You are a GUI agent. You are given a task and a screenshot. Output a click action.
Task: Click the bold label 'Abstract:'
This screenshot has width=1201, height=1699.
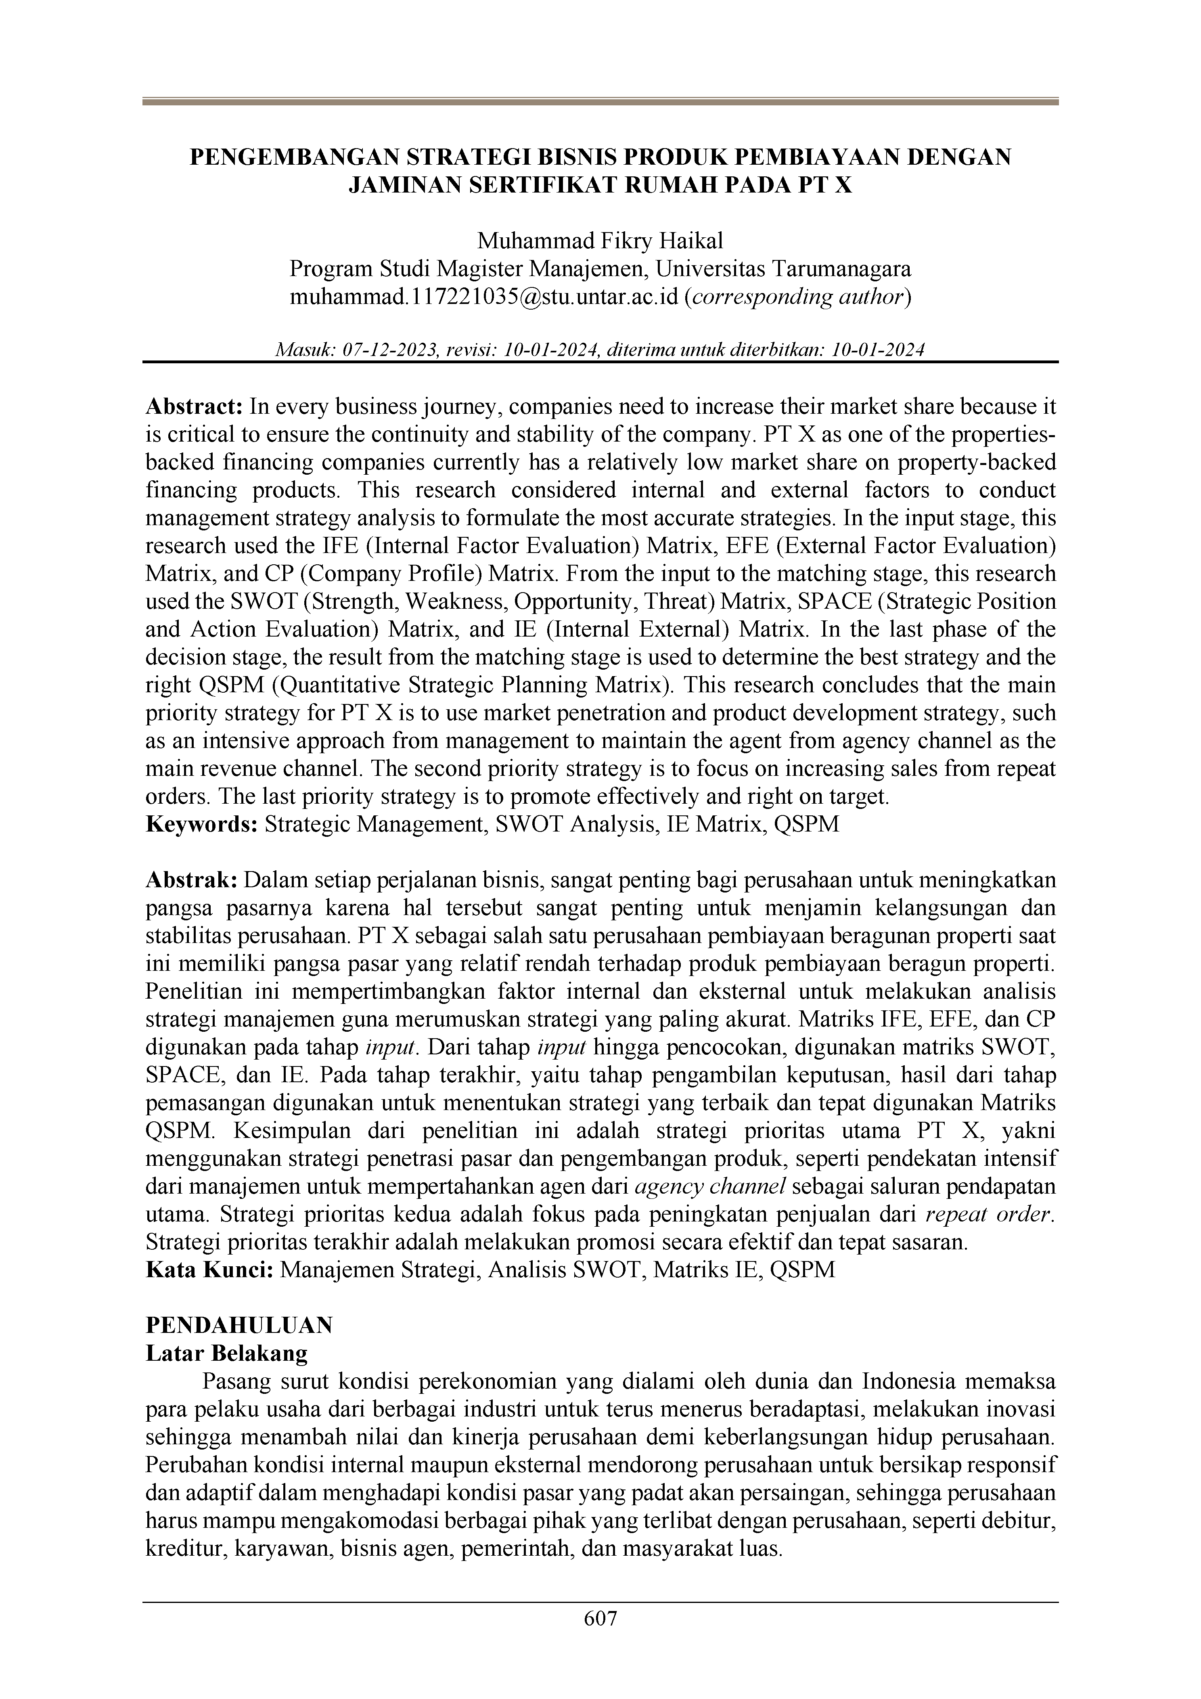(x=194, y=406)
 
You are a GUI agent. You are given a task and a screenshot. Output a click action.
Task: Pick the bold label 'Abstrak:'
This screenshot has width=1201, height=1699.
(x=191, y=880)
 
